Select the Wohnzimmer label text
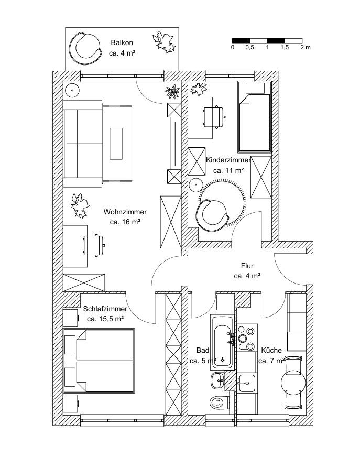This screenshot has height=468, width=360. [x=125, y=212]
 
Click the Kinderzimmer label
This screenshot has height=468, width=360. [x=228, y=161]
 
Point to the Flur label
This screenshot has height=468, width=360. [x=247, y=266]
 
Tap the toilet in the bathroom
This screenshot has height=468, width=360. [x=219, y=402]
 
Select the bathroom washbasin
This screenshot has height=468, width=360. [x=217, y=380]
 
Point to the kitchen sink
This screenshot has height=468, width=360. [x=246, y=381]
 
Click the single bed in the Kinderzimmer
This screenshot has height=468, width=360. [x=254, y=116]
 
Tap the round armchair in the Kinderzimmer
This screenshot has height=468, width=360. [x=213, y=214]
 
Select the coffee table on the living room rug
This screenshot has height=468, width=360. [x=116, y=144]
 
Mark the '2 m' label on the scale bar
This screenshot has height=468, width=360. [x=305, y=48]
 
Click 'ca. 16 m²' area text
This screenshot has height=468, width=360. [x=125, y=222]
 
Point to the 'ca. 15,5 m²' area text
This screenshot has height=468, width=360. [x=105, y=318]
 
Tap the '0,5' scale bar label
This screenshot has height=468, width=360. [x=249, y=48]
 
